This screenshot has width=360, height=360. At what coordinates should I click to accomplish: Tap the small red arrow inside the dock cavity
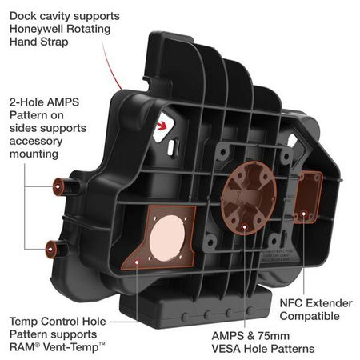tap(166, 124)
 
